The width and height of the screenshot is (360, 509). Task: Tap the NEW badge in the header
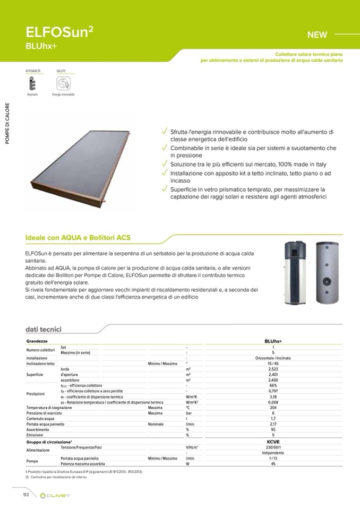click(317, 35)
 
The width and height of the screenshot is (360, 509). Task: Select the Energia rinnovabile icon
click(63, 84)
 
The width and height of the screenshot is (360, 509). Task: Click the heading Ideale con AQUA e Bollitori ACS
click(78, 238)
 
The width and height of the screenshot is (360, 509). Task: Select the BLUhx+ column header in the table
click(273, 341)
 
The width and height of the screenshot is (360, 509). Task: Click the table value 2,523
click(273, 369)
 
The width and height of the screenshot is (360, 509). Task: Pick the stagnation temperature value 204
click(273, 408)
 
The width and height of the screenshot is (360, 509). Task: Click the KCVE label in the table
click(273, 442)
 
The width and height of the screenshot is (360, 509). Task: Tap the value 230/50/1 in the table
click(273, 447)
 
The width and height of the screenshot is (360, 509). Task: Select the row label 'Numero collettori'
click(41, 350)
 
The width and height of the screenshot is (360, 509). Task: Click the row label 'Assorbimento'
click(37, 430)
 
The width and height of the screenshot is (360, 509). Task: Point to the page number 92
click(25, 495)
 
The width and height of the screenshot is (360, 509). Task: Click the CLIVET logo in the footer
click(55, 495)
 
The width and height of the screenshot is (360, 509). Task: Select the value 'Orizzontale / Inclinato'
click(273, 358)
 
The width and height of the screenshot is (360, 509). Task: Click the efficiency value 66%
click(273, 385)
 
